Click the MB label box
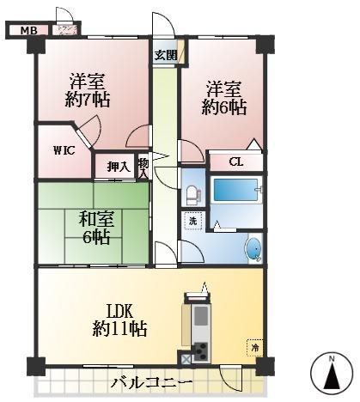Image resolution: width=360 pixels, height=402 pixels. tap(28, 30)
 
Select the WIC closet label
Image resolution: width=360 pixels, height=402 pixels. tap(64, 150)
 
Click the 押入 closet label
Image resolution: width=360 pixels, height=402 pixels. tap(119, 166)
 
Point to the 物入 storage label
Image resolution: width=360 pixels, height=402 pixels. tap(143, 167)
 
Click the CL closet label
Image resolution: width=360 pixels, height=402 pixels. tap(236, 162)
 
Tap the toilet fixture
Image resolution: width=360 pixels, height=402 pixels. tap(192, 195)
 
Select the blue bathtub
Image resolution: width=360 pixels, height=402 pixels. tap(235, 190)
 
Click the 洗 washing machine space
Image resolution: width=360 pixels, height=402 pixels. tap(192, 221)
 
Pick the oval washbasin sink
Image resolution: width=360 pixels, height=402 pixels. tap(253, 248)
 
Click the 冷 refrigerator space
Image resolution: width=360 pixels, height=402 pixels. tap(254, 348)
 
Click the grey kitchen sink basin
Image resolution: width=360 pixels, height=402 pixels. tap(200, 316)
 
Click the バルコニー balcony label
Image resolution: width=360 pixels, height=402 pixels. tap(151, 383)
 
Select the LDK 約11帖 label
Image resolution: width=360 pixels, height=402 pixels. tap(120, 320)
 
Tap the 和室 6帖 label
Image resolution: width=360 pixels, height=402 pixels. tap(96, 228)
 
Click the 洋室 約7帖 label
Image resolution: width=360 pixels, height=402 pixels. tap(88, 90)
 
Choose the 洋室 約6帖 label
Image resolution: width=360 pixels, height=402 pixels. tap(224, 99)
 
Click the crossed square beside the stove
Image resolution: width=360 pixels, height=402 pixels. tap(186, 359)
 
